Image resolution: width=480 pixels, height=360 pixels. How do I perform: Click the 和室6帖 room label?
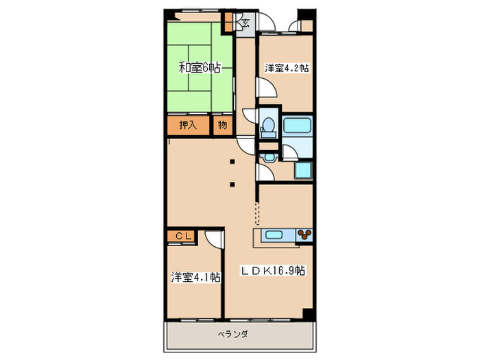200,68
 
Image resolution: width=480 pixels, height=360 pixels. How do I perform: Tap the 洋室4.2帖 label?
287,68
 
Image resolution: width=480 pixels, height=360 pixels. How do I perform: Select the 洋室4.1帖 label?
195,277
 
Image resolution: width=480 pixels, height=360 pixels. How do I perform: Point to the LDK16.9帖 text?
273,270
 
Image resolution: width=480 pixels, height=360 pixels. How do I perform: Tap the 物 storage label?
222,125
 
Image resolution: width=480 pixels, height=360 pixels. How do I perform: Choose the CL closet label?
182,237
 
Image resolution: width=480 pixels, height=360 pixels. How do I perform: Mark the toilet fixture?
268,125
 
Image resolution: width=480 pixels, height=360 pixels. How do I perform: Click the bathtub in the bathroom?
298,126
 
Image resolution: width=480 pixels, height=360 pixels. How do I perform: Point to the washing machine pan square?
304,171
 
